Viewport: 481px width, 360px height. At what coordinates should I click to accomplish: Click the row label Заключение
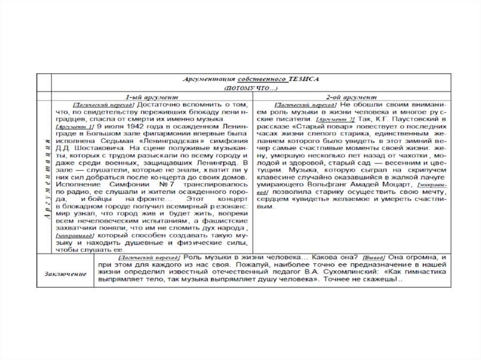pyautogui.click(x=65, y=274)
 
